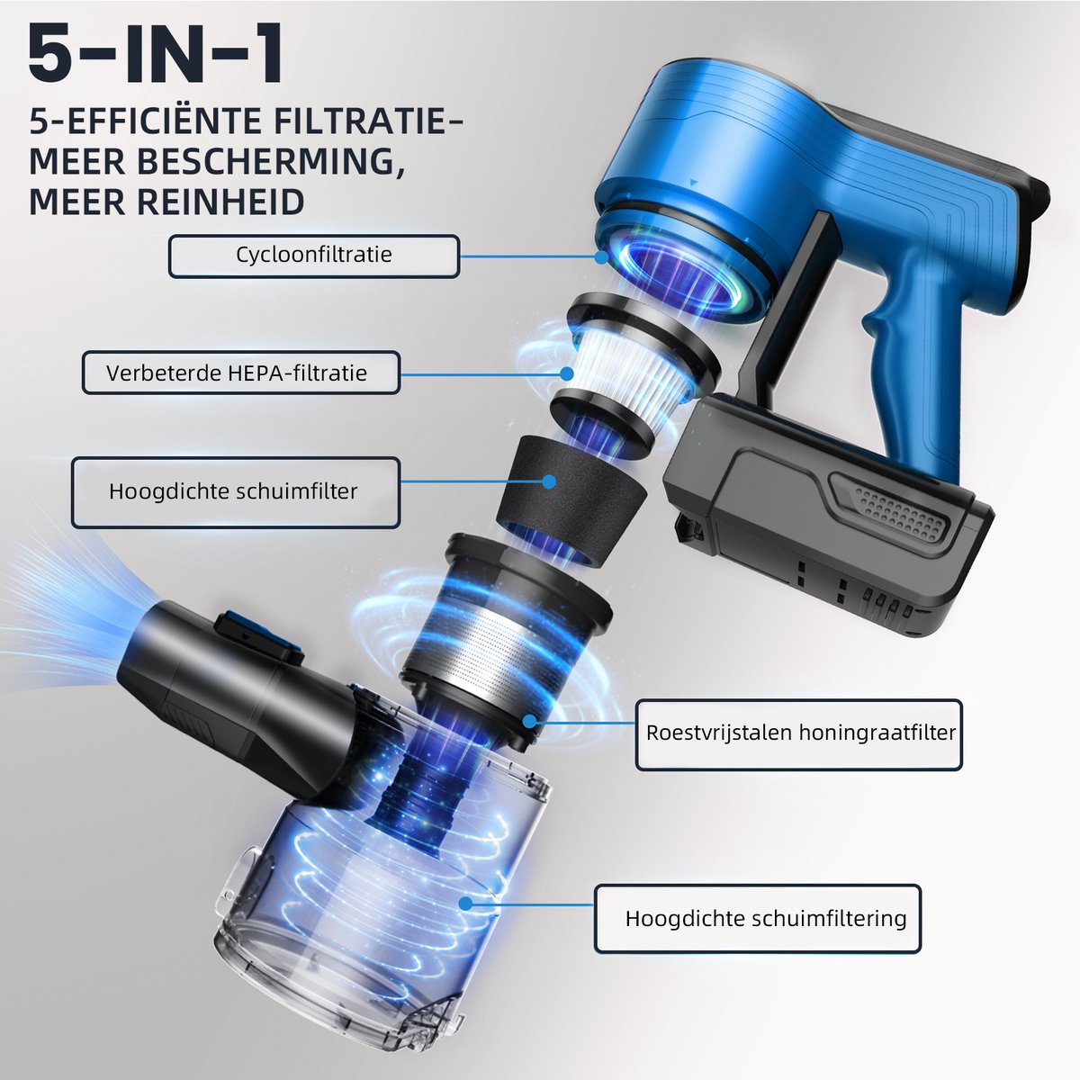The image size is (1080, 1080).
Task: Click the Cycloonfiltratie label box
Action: click(x=314, y=256)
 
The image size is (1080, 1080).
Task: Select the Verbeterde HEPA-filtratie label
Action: click(x=241, y=373)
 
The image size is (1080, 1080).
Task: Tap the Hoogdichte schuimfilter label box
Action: click(x=236, y=492)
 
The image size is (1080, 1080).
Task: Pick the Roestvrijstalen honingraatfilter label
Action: click(x=798, y=734)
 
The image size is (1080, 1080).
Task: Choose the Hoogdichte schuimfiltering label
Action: click(x=758, y=918)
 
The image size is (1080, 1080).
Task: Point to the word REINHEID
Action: click(x=220, y=202)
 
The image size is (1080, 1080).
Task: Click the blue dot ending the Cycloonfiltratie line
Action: click(x=601, y=257)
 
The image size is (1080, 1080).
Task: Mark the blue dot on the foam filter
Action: click(x=549, y=481)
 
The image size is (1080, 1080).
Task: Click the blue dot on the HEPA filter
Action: click(x=567, y=373)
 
